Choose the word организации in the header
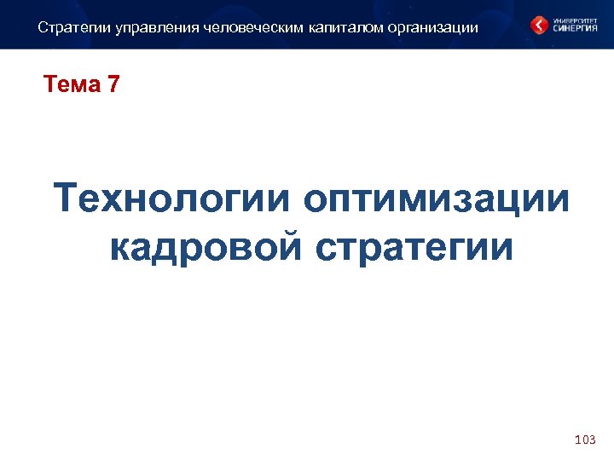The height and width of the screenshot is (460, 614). click(x=433, y=27)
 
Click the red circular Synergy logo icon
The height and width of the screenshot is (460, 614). click(x=539, y=25)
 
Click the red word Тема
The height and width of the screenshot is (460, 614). click(x=72, y=84)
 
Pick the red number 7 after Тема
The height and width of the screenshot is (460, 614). click(x=113, y=84)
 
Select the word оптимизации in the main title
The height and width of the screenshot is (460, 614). click(x=436, y=200)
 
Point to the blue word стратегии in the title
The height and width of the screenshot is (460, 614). click(x=414, y=247)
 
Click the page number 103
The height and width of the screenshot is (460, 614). click(x=585, y=440)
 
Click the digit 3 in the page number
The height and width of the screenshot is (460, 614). click(x=592, y=440)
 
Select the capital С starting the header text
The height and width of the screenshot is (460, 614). click(x=43, y=27)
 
